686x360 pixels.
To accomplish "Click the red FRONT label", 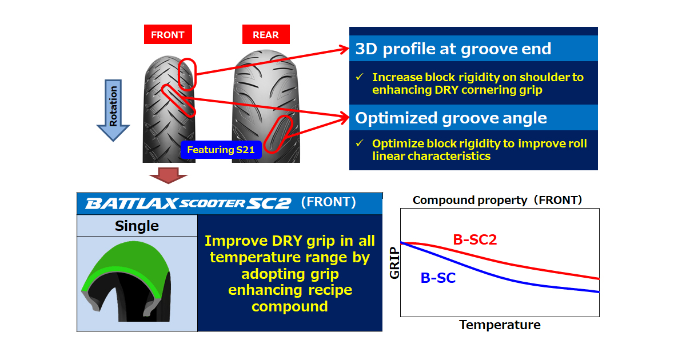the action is [x=168, y=34].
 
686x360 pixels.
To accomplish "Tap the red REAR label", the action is [x=266, y=34].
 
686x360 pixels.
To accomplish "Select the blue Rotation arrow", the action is [x=113, y=110].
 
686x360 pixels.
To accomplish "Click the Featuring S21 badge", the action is [x=221, y=150].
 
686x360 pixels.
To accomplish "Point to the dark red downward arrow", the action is [x=168, y=175].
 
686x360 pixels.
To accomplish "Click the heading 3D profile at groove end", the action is [x=453, y=49].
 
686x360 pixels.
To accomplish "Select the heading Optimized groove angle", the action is [x=451, y=118].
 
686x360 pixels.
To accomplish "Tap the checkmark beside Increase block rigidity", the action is [x=360, y=77].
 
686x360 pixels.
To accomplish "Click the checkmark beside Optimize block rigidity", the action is [x=360, y=143].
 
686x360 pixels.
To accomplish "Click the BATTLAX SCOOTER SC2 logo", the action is [x=188, y=203].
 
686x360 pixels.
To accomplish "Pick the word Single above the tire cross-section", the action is [x=137, y=226].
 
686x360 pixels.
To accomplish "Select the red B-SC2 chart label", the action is [x=474, y=239].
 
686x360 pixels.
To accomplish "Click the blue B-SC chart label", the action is [x=438, y=278].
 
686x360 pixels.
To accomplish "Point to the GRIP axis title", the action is [x=394, y=263].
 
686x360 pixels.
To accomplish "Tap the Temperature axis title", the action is [x=500, y=325].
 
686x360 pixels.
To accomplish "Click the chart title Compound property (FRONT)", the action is [x=497, y=200].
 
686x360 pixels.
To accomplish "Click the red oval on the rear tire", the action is [x=278, y=134].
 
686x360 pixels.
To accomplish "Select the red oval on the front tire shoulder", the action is [x=187, y=74].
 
